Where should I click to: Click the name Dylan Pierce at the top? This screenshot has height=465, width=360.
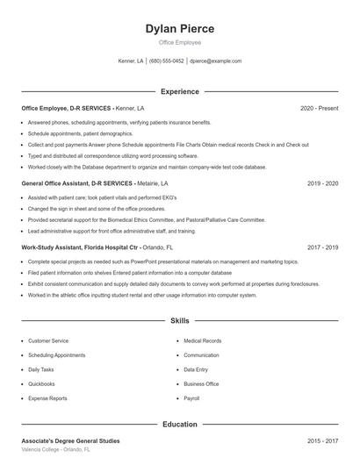tap(179, 29)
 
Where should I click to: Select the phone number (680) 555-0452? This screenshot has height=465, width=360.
tap(167, 61)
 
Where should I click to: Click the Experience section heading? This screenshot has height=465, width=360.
tap(179, 91)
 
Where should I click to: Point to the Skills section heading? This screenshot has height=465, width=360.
tap(179, 322)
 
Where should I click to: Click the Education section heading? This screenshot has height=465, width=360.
tap(179, 424)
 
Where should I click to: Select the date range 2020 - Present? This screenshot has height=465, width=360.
tap(319, 108)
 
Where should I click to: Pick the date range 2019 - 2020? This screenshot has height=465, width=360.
tap(322, 184)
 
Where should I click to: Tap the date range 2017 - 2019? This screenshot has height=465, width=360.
tap(322, 248)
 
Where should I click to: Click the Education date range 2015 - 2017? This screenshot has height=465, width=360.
tap(322, 440)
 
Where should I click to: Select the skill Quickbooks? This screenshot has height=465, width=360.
tap(41, 383)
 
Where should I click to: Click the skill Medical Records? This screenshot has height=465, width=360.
tap(202, 340)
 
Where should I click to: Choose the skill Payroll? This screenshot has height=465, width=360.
tap(191, 397)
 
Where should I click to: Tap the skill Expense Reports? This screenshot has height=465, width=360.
tap(47, 397)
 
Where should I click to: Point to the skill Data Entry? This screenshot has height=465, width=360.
tap(196, 369)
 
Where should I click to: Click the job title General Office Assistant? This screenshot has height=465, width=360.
tap(55, 184)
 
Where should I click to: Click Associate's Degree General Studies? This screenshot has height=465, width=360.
tap(70, 440)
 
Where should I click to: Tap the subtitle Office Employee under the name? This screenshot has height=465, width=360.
tap(179, 42)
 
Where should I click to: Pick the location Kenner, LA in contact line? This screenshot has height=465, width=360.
tap(130, 61)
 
